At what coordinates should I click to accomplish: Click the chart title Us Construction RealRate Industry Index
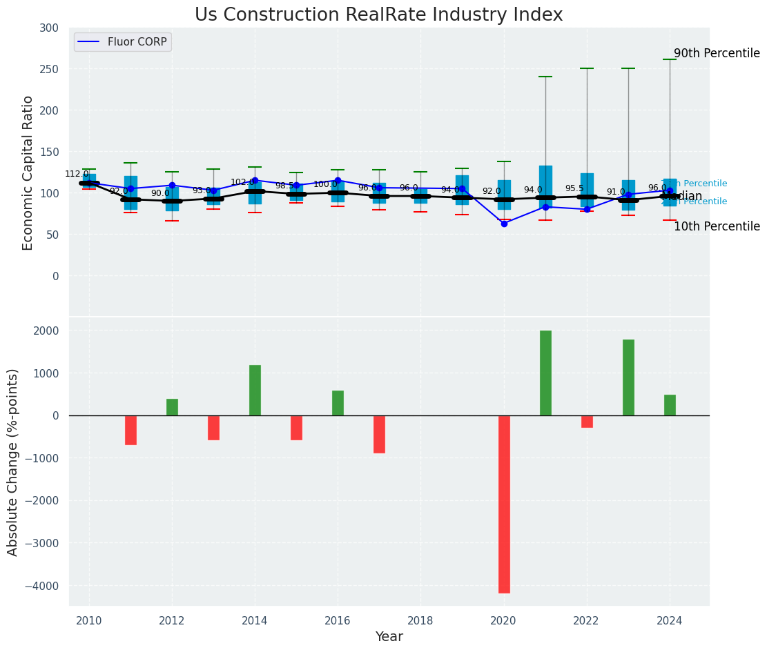[378, 15]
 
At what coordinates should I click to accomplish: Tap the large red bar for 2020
[504, 504]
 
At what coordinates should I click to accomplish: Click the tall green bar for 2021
[545, 373]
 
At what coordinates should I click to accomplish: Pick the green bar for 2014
[255, 390]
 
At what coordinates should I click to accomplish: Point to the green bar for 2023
[628, 377]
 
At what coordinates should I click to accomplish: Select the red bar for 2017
[379, 434]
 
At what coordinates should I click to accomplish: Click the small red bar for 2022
[587, 422]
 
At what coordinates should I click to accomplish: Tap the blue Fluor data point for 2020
[504, 224]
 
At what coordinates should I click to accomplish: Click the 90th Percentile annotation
[717, 54]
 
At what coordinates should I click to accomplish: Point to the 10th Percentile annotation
[717, 226]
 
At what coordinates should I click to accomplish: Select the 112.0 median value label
[77, 174]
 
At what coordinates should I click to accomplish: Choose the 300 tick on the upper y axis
[49, 28]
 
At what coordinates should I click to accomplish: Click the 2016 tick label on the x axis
[338, 621]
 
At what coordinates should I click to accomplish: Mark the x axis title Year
[389, 637]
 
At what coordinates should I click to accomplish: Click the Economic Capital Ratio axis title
[28, 173]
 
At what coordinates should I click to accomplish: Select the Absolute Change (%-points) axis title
[13, 462]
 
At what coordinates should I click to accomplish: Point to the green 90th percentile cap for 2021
[545, 77]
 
